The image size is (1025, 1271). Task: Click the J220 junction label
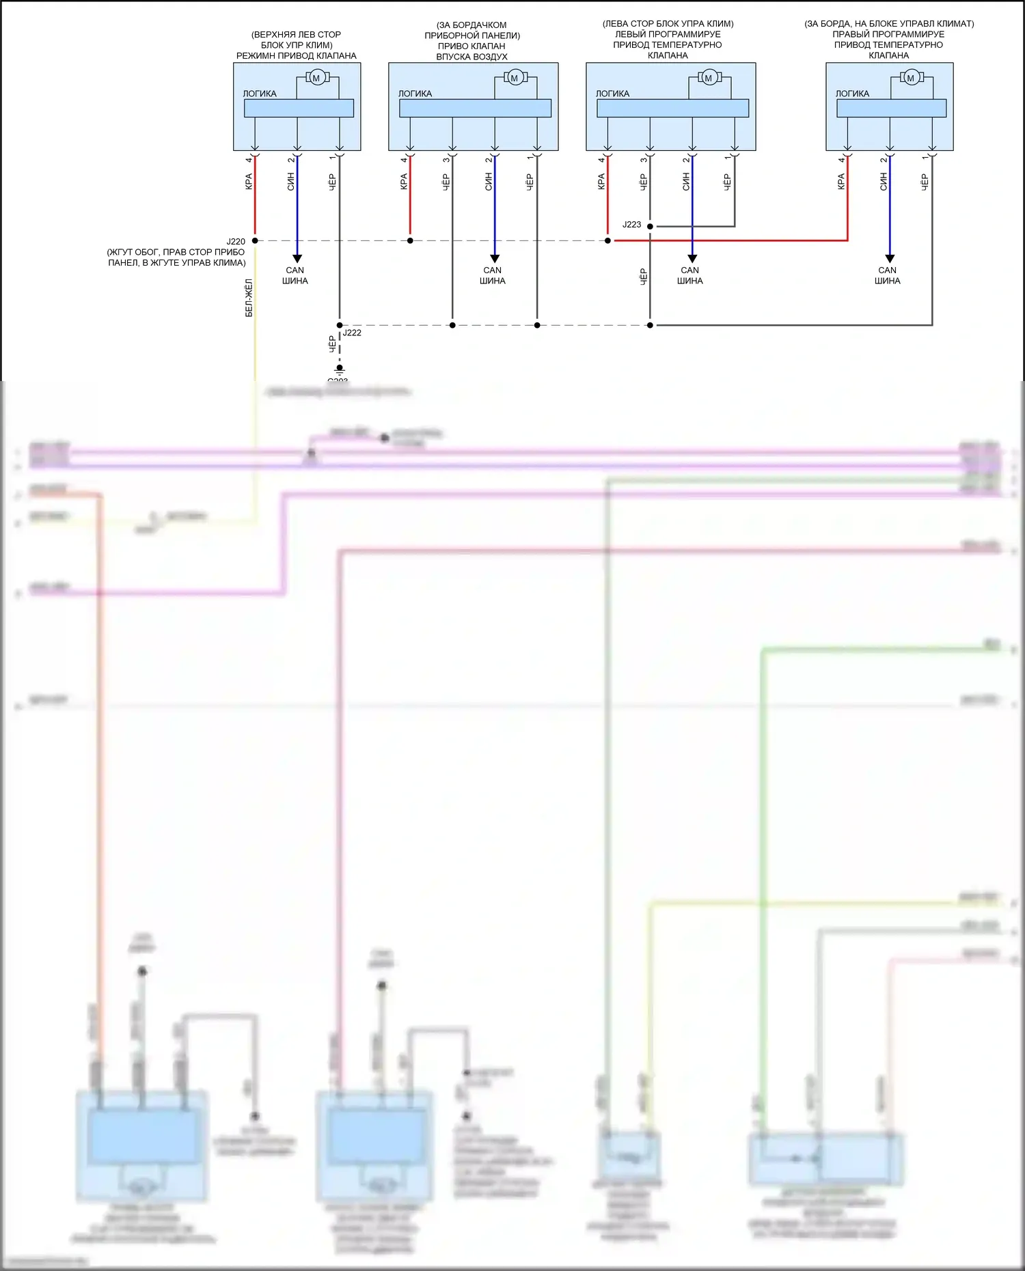click(236, 242)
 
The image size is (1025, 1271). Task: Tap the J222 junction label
click(352, 333)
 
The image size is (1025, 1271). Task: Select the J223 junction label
click(631, 225)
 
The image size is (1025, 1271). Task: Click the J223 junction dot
click(650, 226)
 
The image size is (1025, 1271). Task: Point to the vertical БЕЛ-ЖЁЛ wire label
click(249, 298)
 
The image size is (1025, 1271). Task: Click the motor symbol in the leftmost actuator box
click(316, 79)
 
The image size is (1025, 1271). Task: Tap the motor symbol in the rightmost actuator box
click(910, 79)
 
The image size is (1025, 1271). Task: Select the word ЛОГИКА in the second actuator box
click(415, 94)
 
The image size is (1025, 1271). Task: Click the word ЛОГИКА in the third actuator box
click(612, 94)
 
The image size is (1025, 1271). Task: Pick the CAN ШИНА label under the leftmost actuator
click(295, 275)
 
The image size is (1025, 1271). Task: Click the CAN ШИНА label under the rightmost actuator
click(887, 275)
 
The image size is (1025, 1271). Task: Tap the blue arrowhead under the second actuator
click(495, 258)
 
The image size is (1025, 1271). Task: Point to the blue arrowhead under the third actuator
click(692, 258)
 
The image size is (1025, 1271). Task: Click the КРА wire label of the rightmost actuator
click(840, 181)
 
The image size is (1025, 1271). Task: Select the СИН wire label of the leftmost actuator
click(290, 181)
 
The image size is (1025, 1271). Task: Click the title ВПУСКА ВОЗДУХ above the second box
click(471, 57)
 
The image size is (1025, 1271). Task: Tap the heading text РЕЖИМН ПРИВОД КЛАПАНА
click(296, 56)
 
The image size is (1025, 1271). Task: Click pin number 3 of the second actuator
click(446, 160)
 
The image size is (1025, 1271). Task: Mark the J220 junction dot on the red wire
click(255, 240)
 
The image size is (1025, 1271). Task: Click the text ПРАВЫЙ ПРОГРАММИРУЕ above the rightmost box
click(888, 34)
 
